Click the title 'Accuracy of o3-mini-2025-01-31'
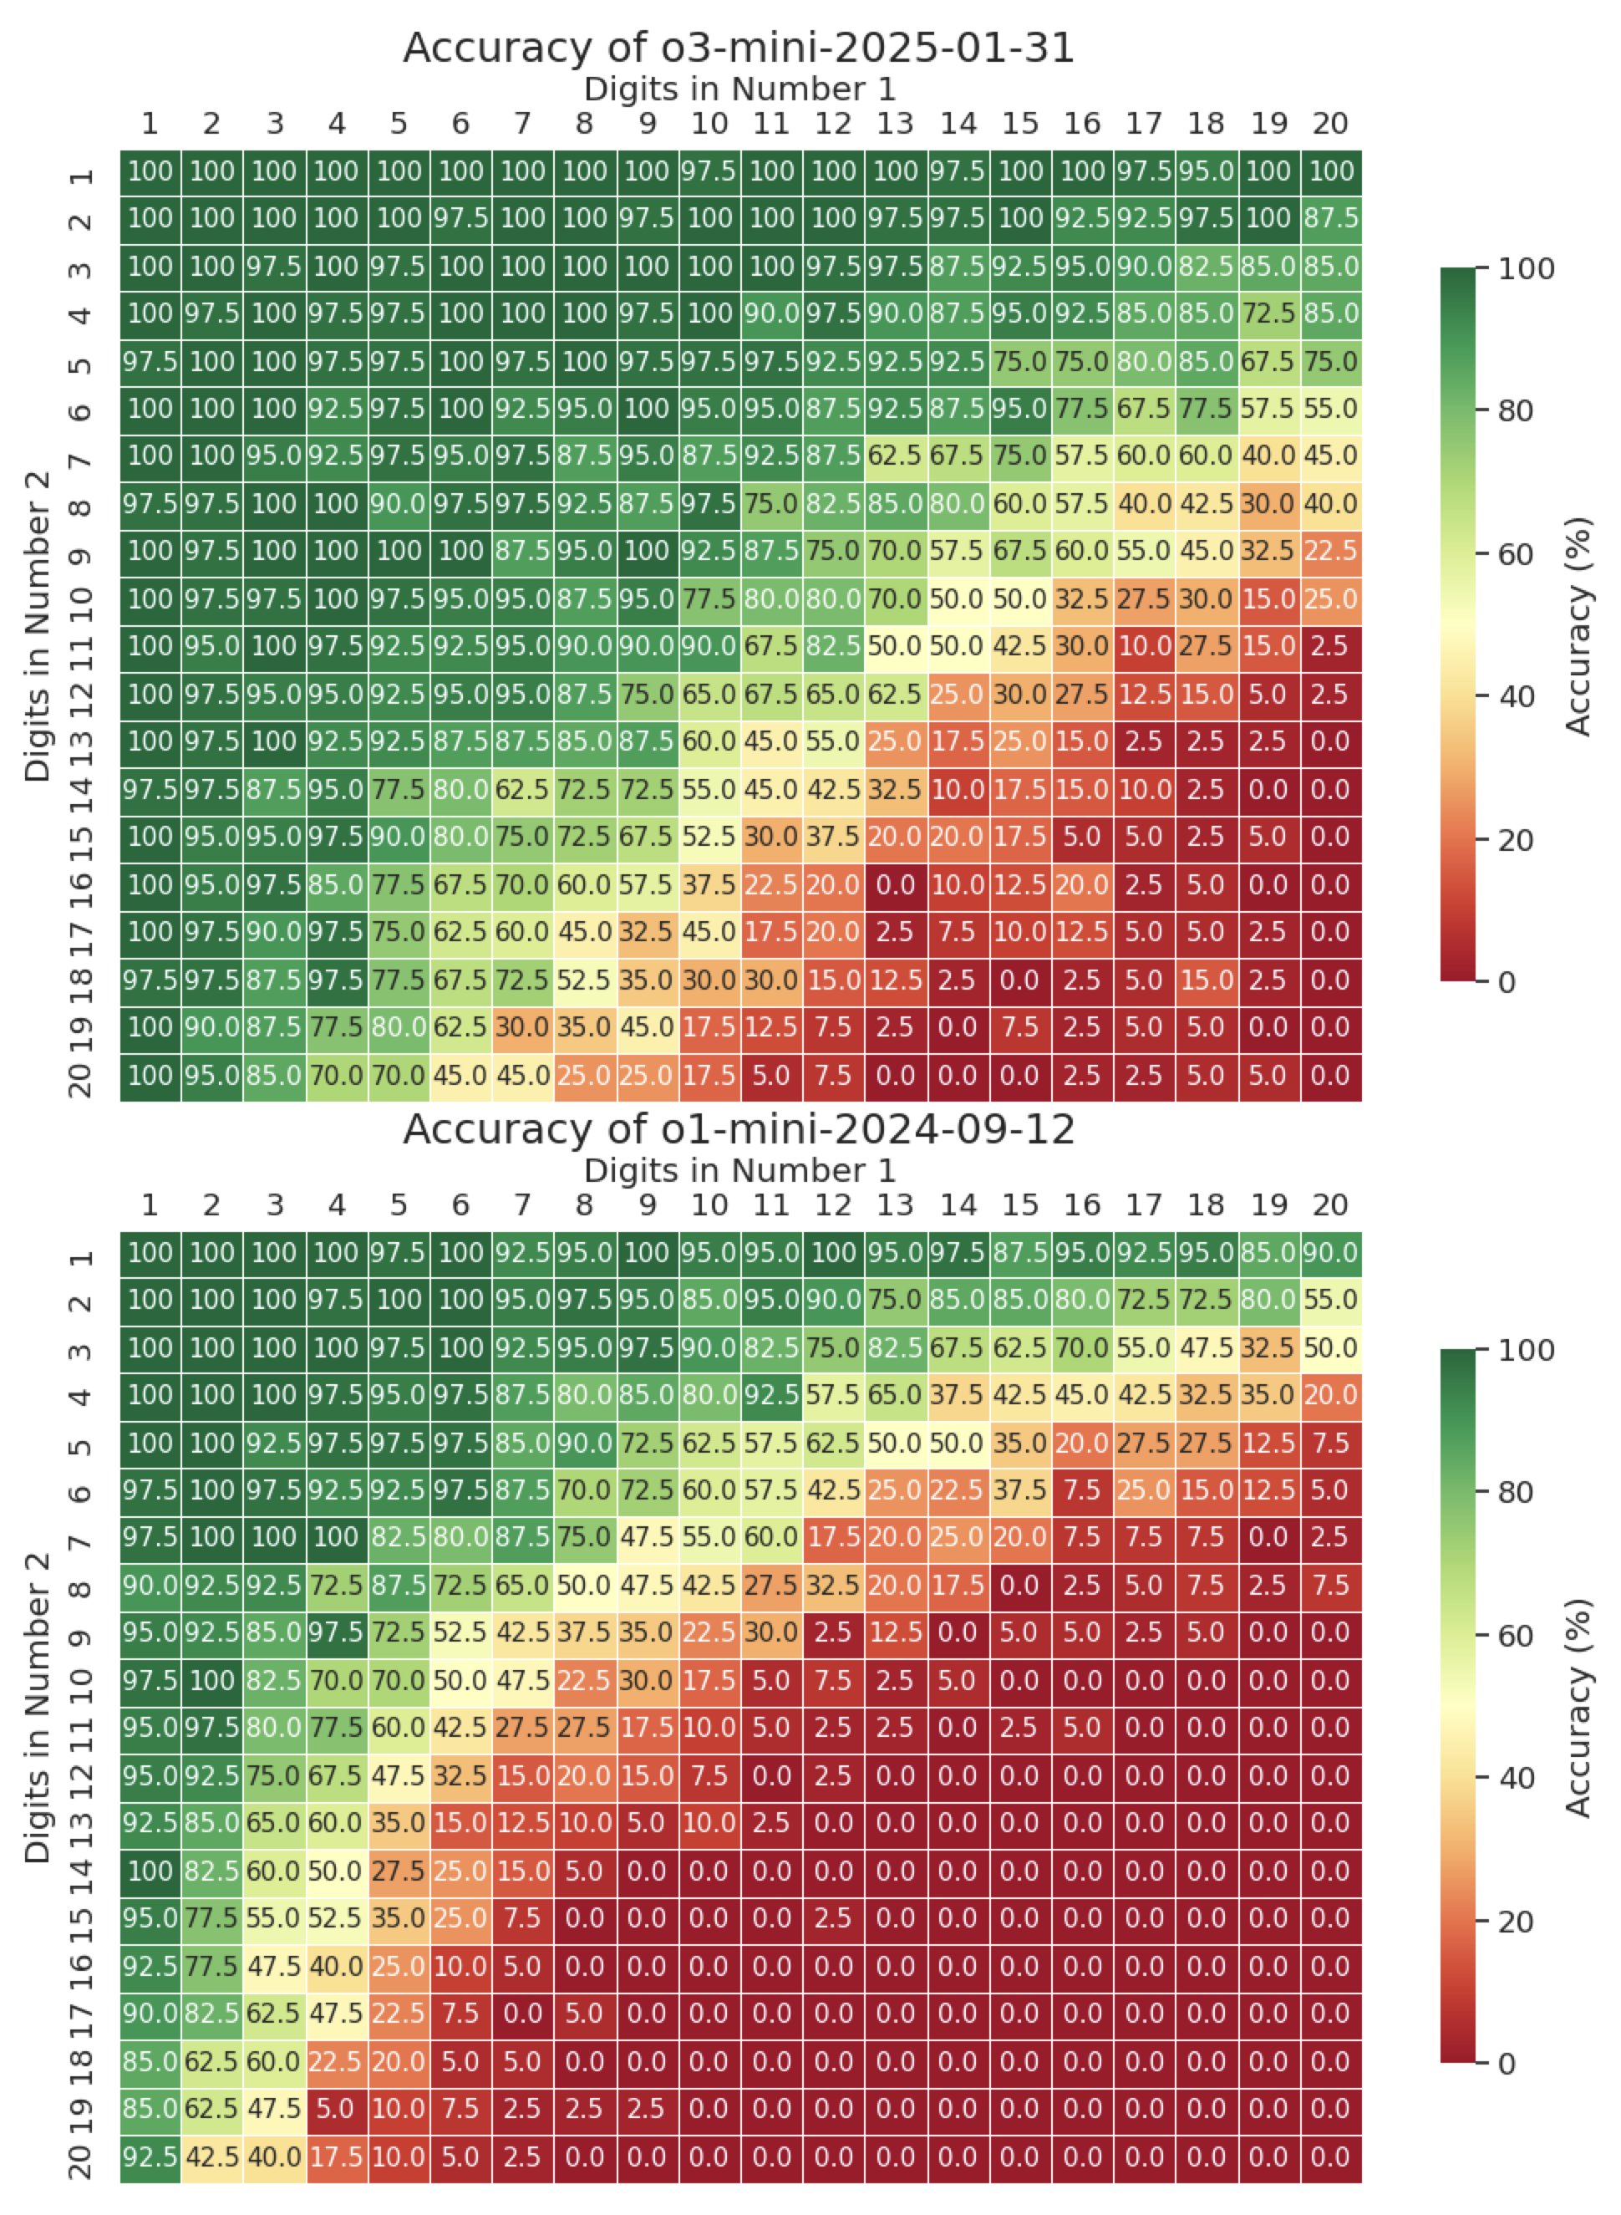click(739, 48)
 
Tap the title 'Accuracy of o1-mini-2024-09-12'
click(739, 1129)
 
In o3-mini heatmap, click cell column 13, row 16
click(895, 885)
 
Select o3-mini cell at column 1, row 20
click(150, 1076)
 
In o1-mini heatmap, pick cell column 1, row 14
click(150, 1871)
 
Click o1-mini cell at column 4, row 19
click(337, 2110)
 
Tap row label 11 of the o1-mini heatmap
click(83, 1729)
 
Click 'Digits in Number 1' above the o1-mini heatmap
click(739, 1171)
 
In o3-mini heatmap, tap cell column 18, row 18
click(1206, 980)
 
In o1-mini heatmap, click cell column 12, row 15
click(833, 1918)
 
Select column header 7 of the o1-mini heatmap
click(522, 1206)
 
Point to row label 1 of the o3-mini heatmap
click(83, 175)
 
